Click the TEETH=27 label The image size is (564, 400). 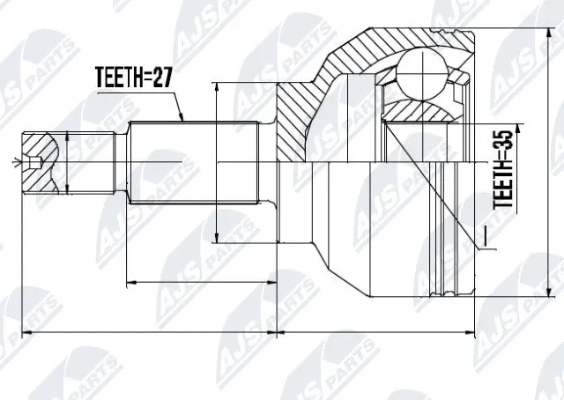131,78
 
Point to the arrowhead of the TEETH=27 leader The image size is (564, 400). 182,119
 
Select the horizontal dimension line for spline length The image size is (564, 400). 202,283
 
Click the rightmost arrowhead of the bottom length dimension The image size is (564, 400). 475,333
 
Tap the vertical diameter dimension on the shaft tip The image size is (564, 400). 69,163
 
